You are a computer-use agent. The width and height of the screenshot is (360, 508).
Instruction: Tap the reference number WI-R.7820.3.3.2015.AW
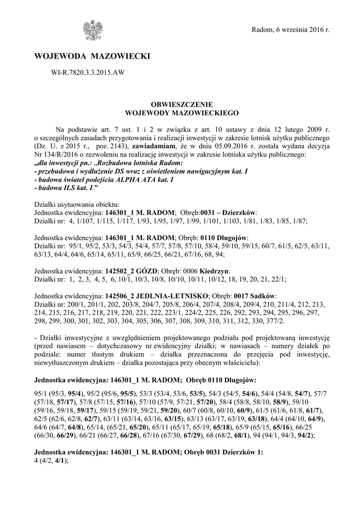pyautogui.click(x=88, y=73)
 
